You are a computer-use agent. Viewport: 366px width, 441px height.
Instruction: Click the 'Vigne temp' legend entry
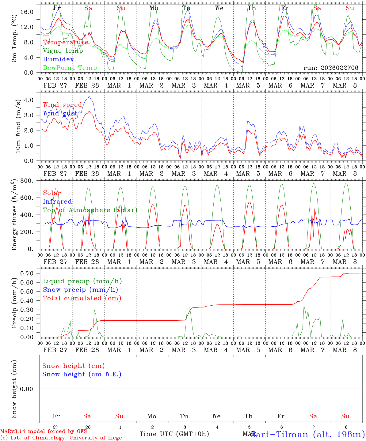(63, 51)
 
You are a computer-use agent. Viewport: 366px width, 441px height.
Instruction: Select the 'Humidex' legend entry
(58, 59)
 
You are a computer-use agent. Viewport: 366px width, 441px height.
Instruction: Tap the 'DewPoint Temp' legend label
(70, 68)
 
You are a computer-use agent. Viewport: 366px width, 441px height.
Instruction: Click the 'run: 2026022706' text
(331, 68)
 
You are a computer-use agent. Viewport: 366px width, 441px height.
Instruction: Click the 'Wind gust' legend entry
(60, 113)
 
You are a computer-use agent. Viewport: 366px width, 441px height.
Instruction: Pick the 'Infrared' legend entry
(57, 202)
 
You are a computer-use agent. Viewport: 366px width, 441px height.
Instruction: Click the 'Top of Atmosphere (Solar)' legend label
(90, 210)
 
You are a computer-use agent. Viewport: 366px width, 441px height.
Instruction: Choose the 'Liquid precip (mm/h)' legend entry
(82, 281)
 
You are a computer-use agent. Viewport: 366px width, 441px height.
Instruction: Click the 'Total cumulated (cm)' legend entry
(82, 298)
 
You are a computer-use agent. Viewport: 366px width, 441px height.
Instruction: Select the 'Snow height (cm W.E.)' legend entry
(82, 374)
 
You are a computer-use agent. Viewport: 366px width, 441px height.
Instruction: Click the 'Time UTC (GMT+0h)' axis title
(174, 434)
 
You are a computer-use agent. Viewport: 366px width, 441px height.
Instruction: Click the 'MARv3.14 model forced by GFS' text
(44, 431)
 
